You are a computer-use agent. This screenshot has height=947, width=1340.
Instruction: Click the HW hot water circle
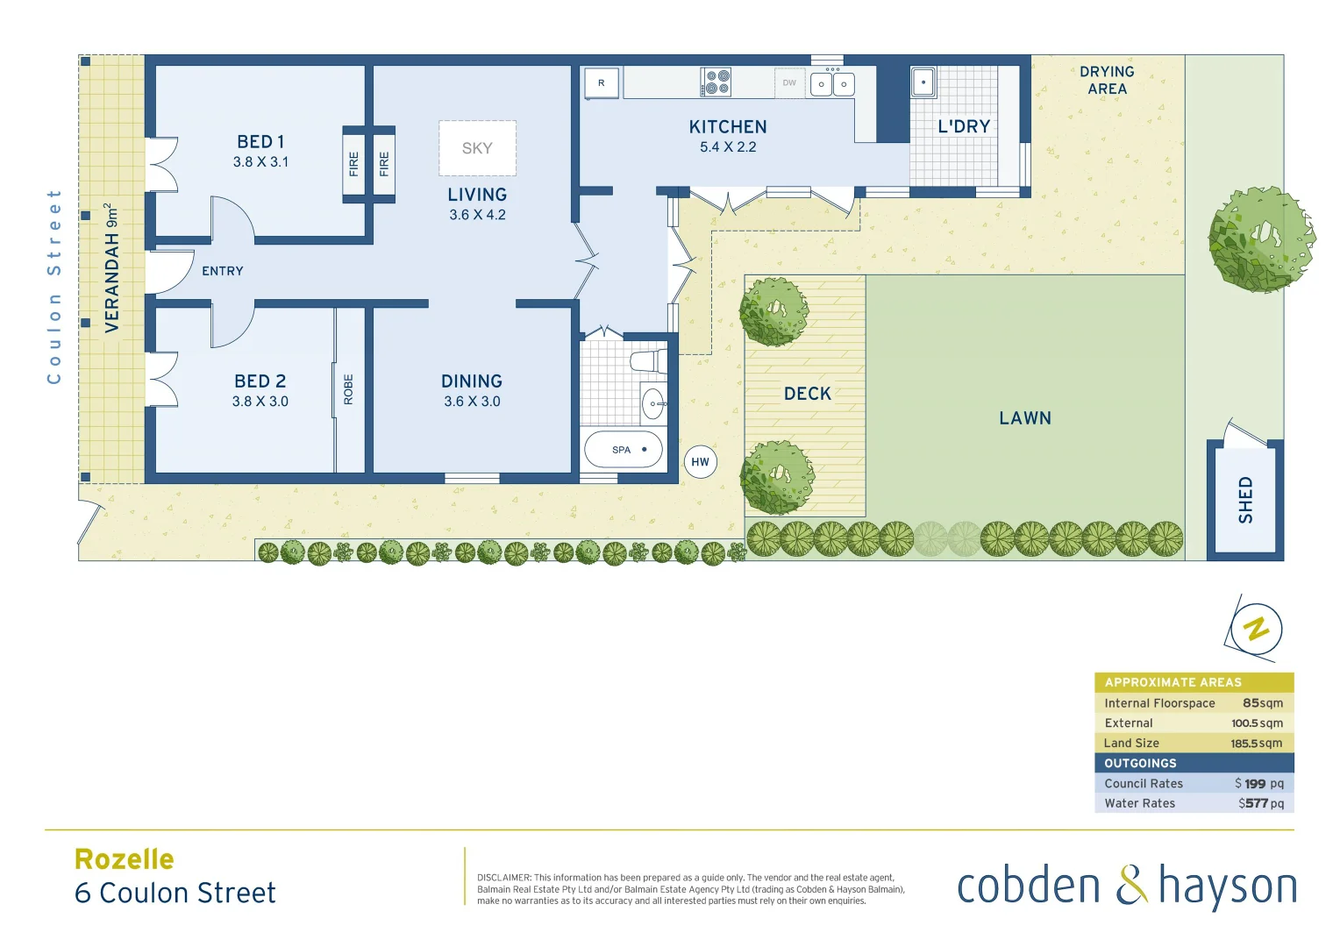pyautogui.click(x=700, y=462)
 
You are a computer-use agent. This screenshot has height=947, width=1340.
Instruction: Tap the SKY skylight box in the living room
pyautogui.click(x=477, y=148)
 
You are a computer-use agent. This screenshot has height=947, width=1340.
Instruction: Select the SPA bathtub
pyautogui.click(x=623, y=450)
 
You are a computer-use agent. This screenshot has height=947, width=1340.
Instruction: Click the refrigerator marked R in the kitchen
pyautogui.click(x=602, y=83)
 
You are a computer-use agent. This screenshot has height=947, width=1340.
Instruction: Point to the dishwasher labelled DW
pyautogui.click(x=789, y=83)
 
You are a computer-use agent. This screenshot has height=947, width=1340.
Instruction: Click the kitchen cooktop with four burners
pyautogui.click(x=716, y=82)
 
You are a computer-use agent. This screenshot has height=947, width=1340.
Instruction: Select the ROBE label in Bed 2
pyautogui.click(x=348, y=389)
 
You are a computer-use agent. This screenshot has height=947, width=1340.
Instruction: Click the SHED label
pyautogui.click(x=1245, y=500)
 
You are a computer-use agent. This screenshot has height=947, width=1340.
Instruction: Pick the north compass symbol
pyautogui.click(x=1256, y=629)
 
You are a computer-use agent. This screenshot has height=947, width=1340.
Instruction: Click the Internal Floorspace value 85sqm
pyautogui.click(x=1262, y=703)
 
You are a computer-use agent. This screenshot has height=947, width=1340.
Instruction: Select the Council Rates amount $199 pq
pyautogui.click(x=1258, y=784)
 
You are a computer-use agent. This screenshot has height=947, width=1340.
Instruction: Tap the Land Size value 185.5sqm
pyautogui.click(x=1256, y=744)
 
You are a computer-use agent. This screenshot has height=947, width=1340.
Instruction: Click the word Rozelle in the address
pyautogui.click(x=125, y=859)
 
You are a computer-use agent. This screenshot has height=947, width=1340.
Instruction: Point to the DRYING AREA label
pyautogui.click(x=1107, y=80)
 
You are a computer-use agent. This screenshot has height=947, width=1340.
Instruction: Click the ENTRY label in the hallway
pyautogui.click(x=223, y=271)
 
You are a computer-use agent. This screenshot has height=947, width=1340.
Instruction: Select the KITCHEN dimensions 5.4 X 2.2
pyautogui.click(x=728, y=147)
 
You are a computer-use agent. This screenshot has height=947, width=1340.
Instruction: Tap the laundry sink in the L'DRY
pyautogui.click(x=923, y=82)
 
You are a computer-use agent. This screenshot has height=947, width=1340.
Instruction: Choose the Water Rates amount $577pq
pyautogui.click(x=1260, y=803)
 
